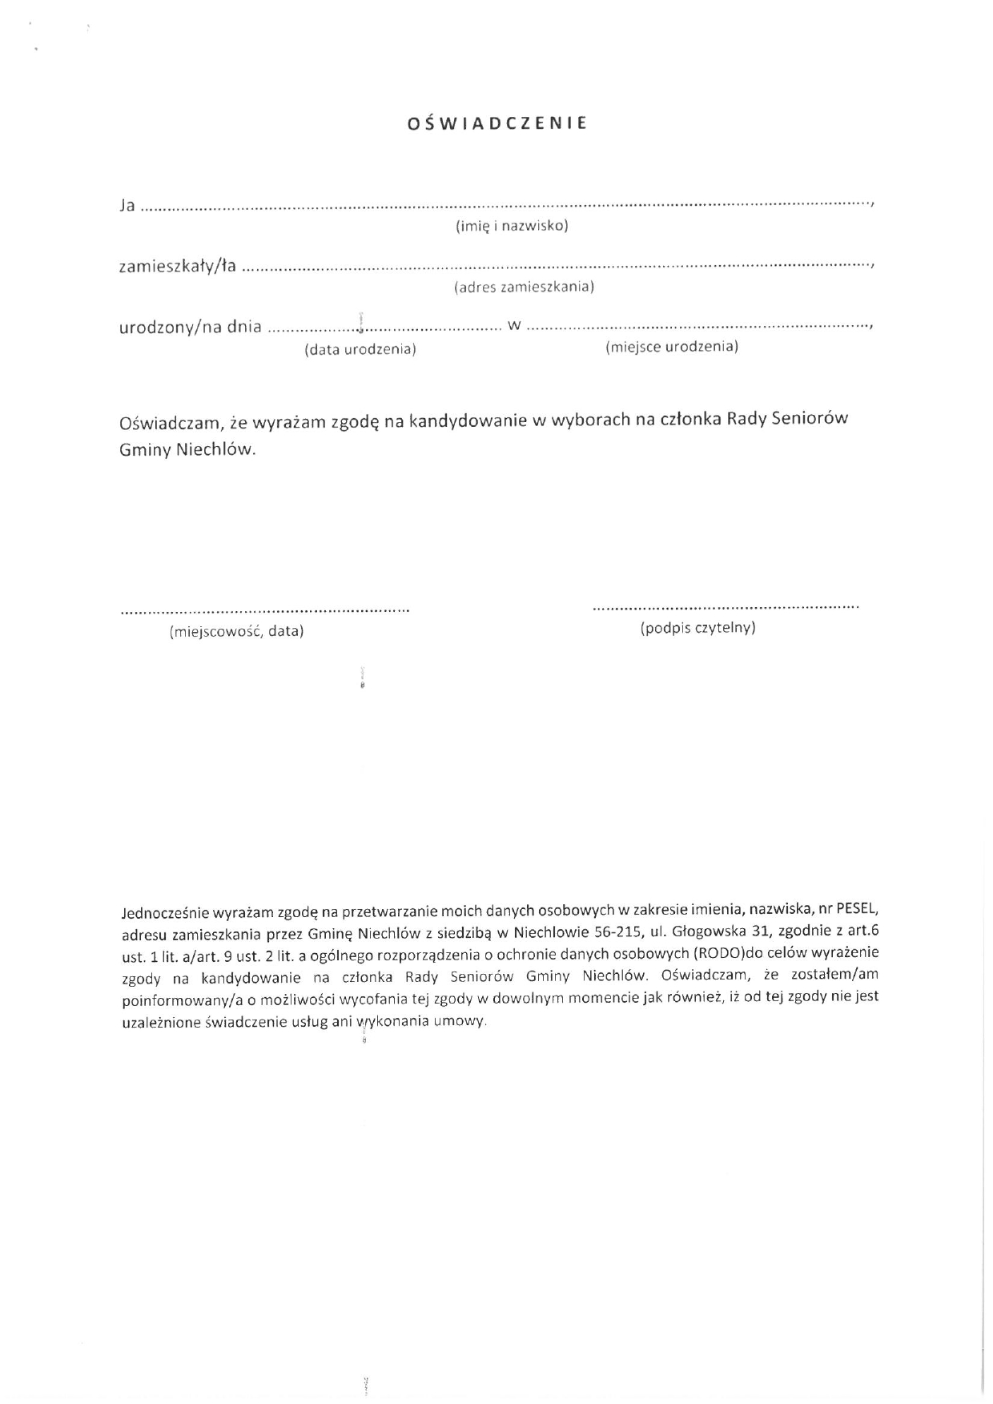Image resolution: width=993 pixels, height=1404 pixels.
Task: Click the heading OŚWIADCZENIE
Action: (497, 123)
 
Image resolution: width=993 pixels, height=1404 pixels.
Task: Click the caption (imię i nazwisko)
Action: (512, 226)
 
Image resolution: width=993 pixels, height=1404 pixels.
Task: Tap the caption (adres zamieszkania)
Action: (524, 287)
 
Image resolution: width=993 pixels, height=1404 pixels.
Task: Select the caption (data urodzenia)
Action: (360, 350)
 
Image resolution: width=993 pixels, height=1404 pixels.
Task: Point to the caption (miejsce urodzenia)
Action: (672, 346)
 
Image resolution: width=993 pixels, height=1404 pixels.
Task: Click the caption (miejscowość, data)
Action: (236, 631)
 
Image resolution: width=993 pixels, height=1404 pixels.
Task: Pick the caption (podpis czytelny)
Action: (698, 628)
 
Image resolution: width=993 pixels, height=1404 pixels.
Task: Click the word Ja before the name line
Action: (127, 205)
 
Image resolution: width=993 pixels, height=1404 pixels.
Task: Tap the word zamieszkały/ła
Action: (178, 266)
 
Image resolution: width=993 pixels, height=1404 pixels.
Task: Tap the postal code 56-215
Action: (617, 931)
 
